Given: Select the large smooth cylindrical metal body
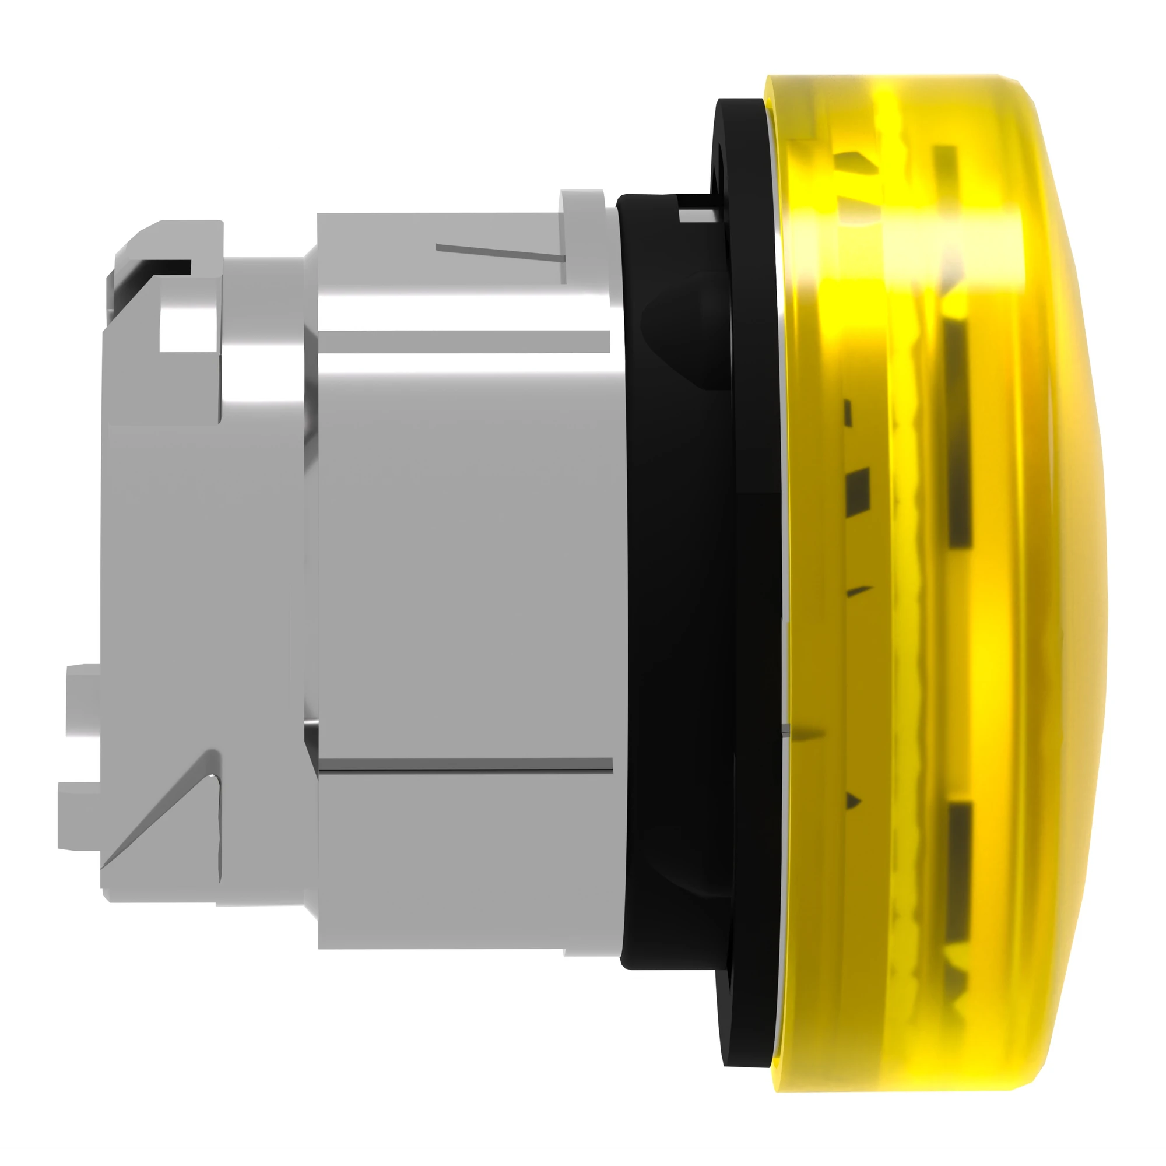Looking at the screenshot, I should point(465,543).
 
